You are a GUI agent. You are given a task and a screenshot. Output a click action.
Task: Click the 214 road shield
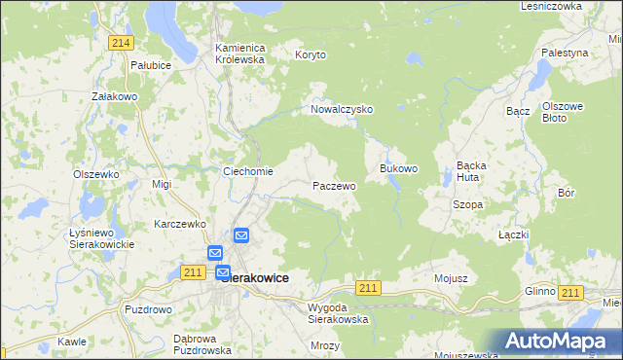click(121, 44)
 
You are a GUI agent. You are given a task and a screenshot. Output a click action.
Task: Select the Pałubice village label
click(151, 65)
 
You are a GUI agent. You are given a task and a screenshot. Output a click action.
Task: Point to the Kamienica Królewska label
click(239, 53)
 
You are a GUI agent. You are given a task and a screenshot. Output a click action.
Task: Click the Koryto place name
click(312, 56)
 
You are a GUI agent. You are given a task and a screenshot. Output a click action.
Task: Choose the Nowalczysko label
click(342, 110)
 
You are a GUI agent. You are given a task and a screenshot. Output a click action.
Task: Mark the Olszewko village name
click(95, 174)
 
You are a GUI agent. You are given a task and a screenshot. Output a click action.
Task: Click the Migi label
click(162, 184)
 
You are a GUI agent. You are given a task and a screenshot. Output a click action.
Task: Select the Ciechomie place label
click(248, 172)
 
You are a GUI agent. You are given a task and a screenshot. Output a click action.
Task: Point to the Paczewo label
click(334, 185)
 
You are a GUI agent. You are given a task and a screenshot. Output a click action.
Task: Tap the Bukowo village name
click(398, 168)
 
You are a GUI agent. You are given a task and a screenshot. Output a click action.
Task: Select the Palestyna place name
click(566, 53)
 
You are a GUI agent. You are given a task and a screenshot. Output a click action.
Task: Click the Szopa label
click(468, 205)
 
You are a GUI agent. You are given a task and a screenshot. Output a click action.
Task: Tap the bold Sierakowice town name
click(255, 278)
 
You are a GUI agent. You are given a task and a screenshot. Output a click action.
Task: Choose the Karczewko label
click(181, 224)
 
